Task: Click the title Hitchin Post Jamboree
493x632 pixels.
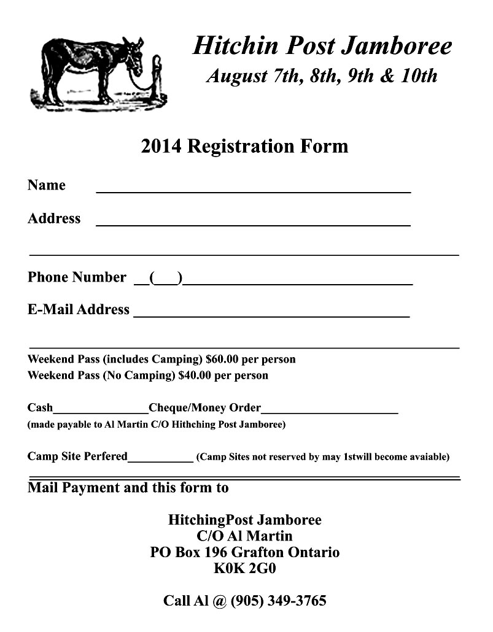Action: [322, 46]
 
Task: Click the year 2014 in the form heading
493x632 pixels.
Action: [161, 146]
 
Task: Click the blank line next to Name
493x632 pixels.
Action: [253, 191]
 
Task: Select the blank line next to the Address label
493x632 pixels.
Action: [253, 224]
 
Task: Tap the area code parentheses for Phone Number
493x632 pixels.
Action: [166, 278]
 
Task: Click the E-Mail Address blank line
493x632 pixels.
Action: [271, 315]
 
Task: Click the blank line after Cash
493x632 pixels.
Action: [101, 411]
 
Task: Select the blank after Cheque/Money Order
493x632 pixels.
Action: [330, 411]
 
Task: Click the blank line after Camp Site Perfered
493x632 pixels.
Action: [160, 460]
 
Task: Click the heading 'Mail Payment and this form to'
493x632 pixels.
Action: [128, 488]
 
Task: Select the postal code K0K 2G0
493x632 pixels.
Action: [244, 568]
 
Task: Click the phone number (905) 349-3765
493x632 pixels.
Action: [278, 600]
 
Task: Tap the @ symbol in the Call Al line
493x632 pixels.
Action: [220, 601]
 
